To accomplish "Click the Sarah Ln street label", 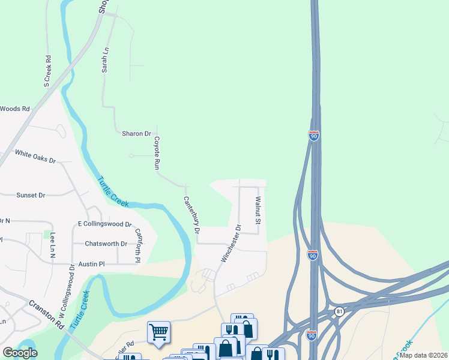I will click(x=105, y=61).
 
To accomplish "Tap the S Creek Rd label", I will click(x=47, y=71).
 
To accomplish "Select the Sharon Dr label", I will click(x=136, y=134).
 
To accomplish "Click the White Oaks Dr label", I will click(x=35, y=157).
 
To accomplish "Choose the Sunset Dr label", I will click(x=31, y=195).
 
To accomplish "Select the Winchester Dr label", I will click(x=231, y=244).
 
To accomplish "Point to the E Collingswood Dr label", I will click(x=104, y=224).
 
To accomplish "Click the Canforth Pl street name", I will click(x=138, y=246).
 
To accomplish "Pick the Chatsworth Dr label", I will click(x=106, y=244).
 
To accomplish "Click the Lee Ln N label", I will click(x=53, y=245).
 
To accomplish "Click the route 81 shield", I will click(x=340, y=311).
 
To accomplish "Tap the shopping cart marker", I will click(x=158, y=332).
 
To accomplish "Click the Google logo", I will click(x=20, y=353).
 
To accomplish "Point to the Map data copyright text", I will click(x=423, y=355).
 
